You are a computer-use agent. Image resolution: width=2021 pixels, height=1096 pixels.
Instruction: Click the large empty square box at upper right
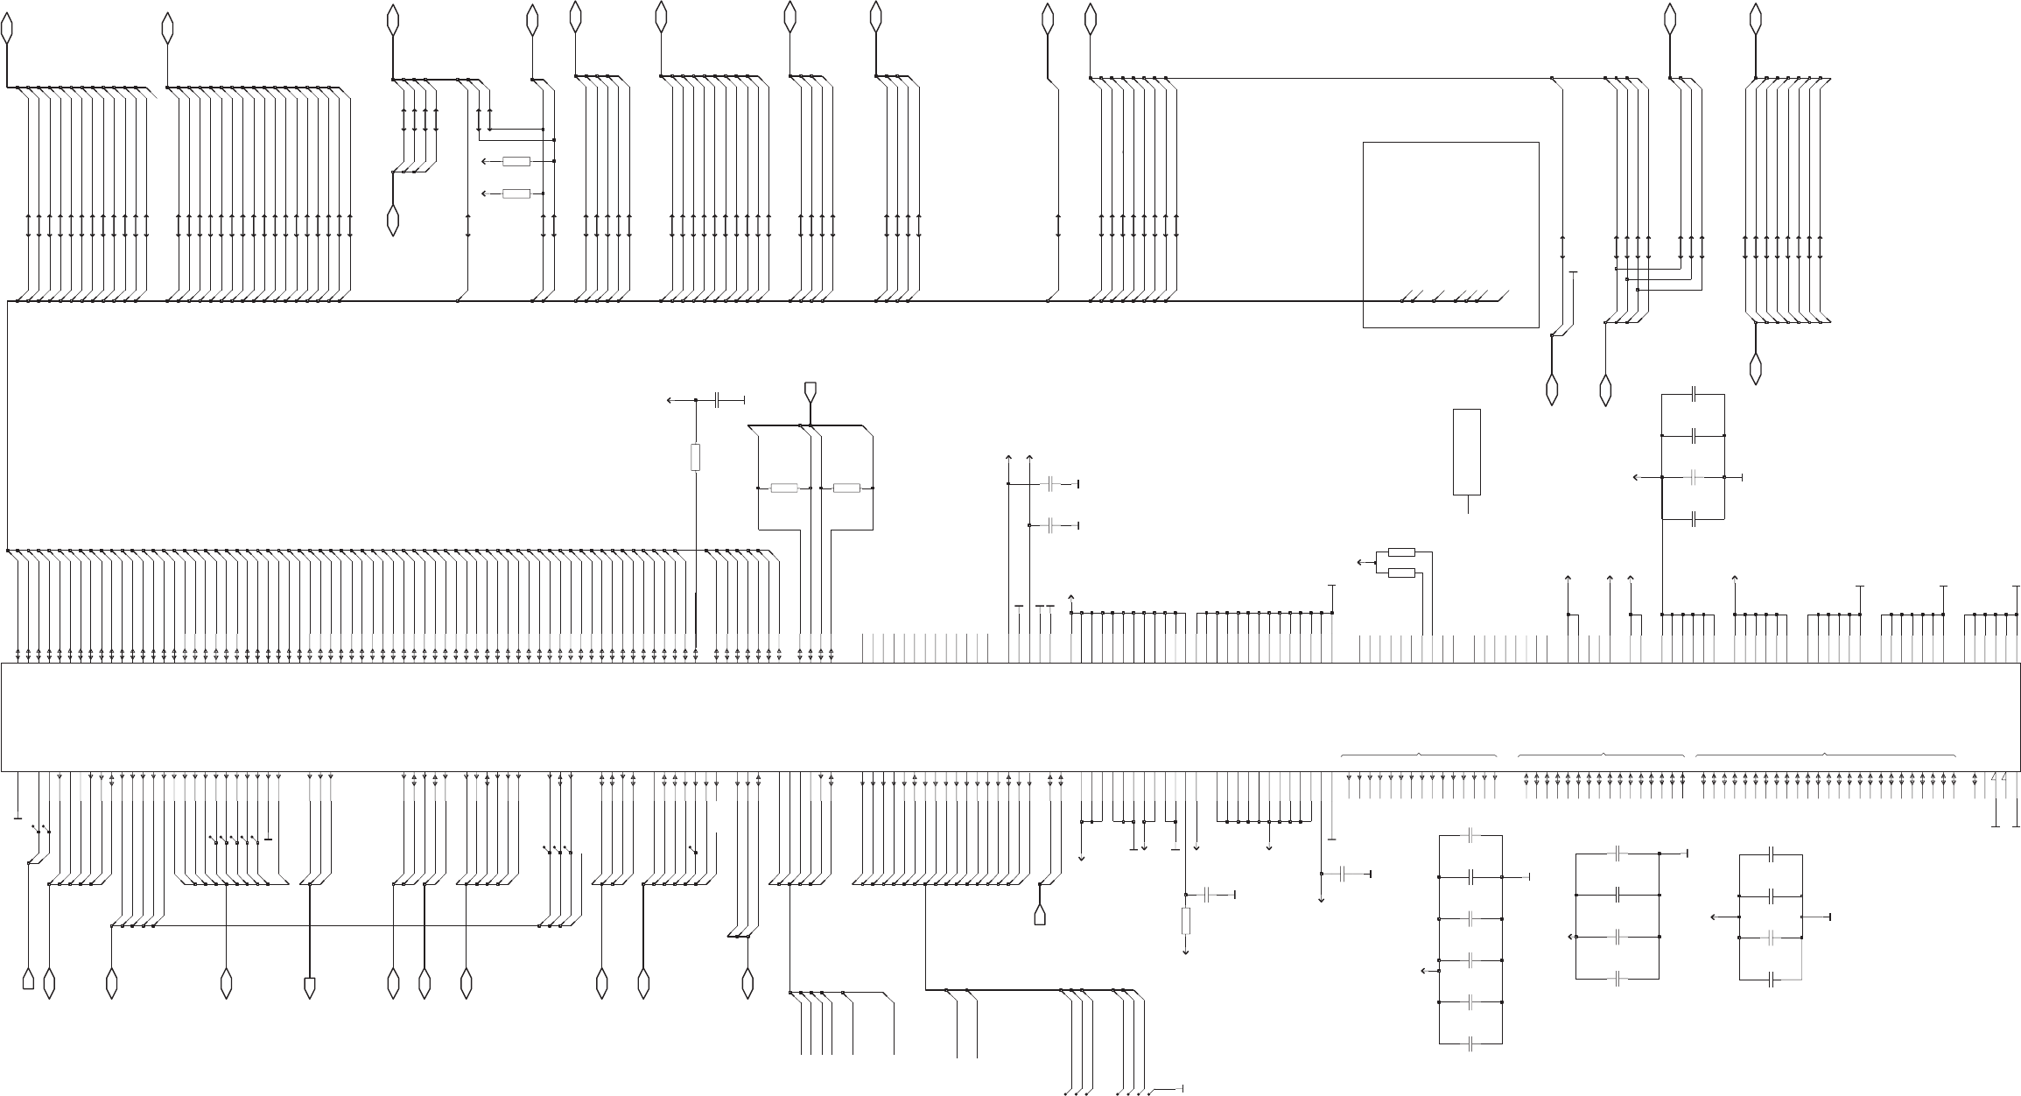1450,235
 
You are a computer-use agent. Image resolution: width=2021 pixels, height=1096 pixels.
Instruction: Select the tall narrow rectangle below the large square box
1467,452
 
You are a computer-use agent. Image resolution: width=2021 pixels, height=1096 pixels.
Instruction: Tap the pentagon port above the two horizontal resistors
811,390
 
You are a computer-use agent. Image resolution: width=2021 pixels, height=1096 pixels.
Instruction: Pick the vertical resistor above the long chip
696,457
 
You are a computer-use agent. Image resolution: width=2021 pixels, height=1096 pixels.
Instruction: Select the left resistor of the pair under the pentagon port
784,488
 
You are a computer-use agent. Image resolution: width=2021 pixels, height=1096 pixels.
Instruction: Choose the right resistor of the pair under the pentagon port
846,488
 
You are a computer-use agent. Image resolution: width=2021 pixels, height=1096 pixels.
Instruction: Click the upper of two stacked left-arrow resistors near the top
516,161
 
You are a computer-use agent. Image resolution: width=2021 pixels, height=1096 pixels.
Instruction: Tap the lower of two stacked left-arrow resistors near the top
516,193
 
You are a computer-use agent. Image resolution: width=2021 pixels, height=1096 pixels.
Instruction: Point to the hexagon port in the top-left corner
8,29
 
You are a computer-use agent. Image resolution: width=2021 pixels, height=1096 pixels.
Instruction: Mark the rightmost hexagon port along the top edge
1755,18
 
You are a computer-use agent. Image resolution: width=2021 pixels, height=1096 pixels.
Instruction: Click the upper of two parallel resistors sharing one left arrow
1402,552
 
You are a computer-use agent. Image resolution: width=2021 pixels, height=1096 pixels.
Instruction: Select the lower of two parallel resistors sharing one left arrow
1402,573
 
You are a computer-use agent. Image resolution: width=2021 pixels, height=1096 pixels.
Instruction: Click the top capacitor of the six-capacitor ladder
1471,835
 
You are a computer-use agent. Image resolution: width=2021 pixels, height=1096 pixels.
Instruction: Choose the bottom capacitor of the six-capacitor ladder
1471,1043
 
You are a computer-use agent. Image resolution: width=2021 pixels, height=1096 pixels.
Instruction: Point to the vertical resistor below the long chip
1186,921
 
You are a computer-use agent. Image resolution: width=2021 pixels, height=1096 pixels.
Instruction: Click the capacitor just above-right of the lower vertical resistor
1209,895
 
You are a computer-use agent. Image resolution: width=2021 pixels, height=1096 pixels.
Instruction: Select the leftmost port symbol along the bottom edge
29,980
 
